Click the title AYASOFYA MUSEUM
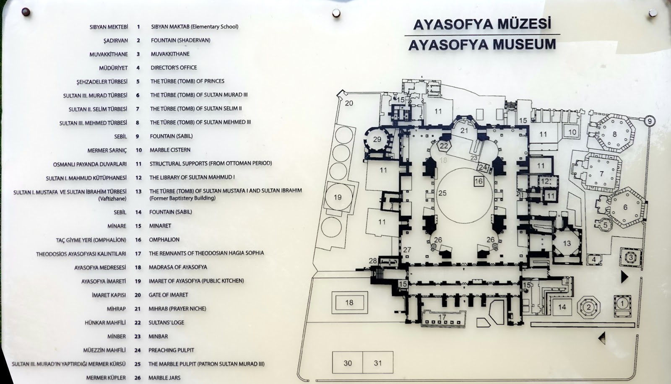[482, 44]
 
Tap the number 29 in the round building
[377, 139]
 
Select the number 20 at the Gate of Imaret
[349, 103]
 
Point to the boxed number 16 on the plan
[479, 181]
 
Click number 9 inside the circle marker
[650, 121]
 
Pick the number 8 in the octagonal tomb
[615, 134]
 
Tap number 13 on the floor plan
[567, 243]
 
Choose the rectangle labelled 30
[348, 363]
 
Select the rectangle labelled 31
[378, 363]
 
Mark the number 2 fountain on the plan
[589, 307]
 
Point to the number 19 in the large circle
[338, 197]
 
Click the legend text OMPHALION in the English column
[164, 239]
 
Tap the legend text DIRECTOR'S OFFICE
[174, 67]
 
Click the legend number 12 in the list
[138, 178]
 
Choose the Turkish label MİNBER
[117, 336]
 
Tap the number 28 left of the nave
[373, 261]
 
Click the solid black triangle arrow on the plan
[624, 277]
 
